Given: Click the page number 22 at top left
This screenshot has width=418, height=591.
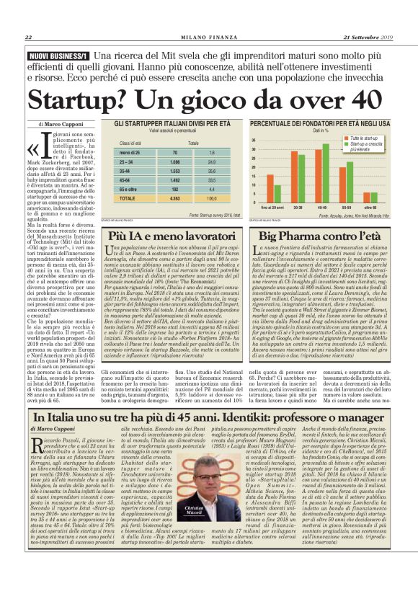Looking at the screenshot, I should tap(28, 37).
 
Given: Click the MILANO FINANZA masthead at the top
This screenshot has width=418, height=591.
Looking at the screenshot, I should tap(208, 37).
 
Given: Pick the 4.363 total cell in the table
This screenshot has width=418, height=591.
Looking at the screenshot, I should tap(174, 197).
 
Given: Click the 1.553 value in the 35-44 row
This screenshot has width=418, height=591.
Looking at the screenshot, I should tap(174, 171).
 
